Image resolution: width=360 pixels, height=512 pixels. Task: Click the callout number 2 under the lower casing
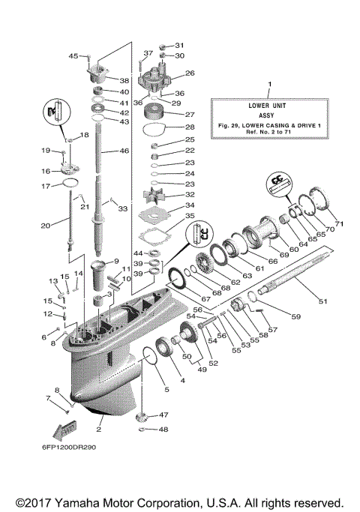99,431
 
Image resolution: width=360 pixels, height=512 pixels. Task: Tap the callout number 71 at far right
338,224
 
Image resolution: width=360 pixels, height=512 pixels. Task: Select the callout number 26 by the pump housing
190,73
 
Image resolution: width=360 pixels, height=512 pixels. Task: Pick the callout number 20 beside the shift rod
45,225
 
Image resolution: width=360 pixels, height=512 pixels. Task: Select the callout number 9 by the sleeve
116,262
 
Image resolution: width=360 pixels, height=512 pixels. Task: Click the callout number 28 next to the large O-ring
190,127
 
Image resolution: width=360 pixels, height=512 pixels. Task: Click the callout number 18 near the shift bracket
84,135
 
